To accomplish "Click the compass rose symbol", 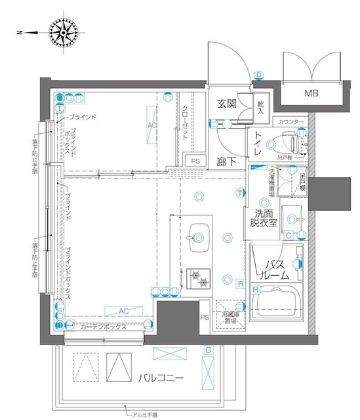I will [64, 32].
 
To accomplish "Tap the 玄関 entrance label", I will [227, 104].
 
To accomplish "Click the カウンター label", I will [290, 122].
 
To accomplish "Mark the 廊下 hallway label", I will [227, 161].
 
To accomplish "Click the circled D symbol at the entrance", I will [258, 75].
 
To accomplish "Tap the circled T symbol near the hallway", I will [241, 192].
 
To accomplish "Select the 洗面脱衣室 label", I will [263, 218].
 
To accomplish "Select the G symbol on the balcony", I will [208, 348].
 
